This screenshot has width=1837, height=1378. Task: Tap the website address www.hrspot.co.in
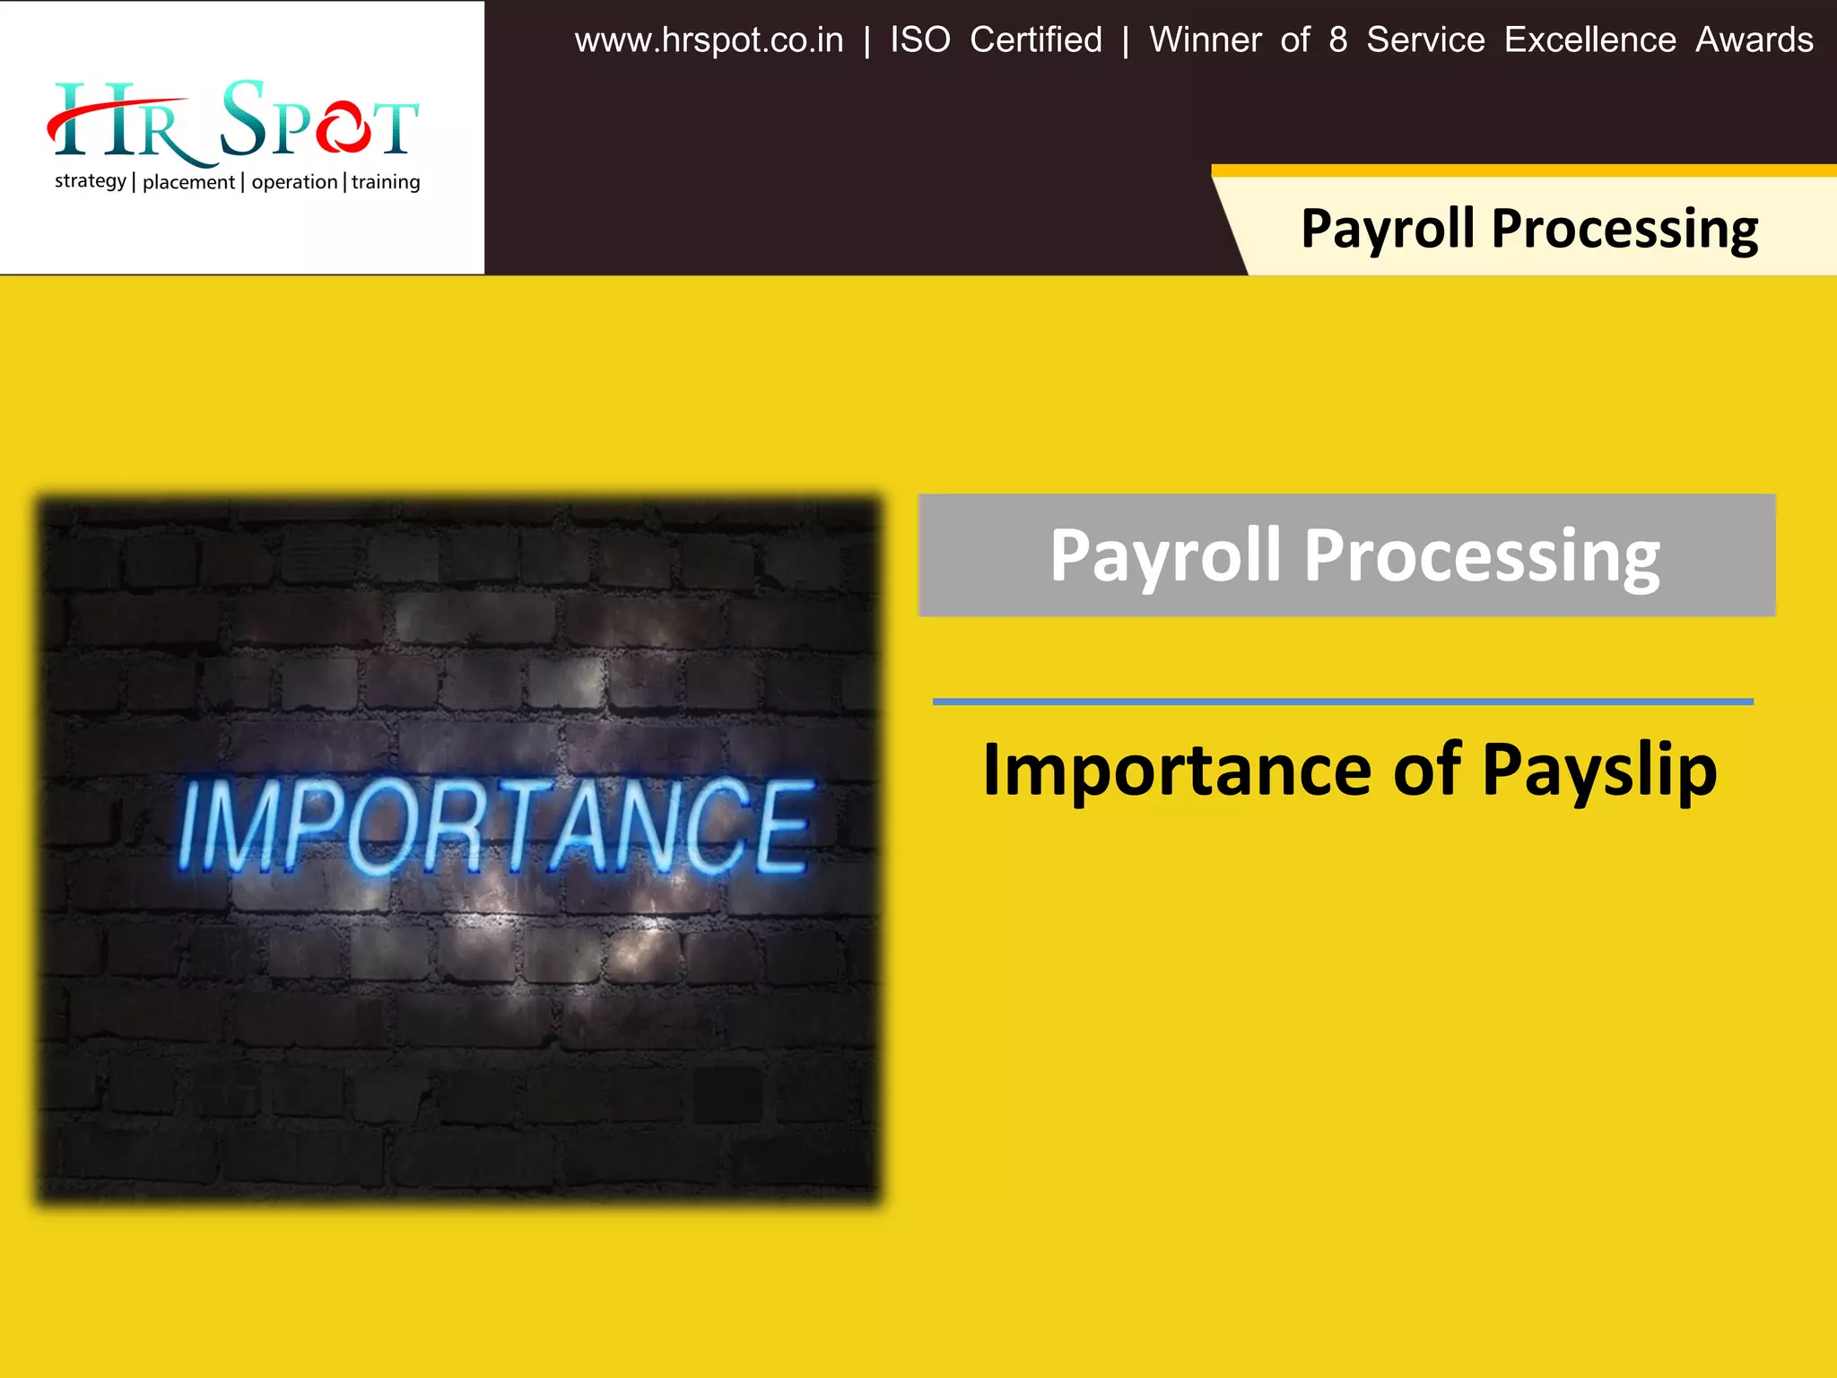[709, 40]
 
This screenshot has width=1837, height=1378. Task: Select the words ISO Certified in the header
[996, 40]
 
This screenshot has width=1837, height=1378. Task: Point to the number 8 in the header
[1337, 40]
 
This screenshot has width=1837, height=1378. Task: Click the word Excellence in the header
[1589, 40]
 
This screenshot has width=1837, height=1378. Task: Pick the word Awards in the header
[1754, 40]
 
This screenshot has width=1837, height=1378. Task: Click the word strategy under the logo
[91, 181]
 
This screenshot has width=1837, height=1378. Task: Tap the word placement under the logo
[188, 182]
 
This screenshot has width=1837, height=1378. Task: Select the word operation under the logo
[294, 182]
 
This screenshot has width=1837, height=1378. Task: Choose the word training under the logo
[386, 182]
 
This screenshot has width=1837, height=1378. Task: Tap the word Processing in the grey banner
[1481, 556]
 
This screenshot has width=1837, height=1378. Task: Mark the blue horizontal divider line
[1343, 702]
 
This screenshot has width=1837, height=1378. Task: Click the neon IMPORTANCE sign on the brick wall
[495, 827]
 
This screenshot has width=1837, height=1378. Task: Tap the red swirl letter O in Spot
[343, 127]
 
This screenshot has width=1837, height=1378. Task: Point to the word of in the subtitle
[1426, 770]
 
